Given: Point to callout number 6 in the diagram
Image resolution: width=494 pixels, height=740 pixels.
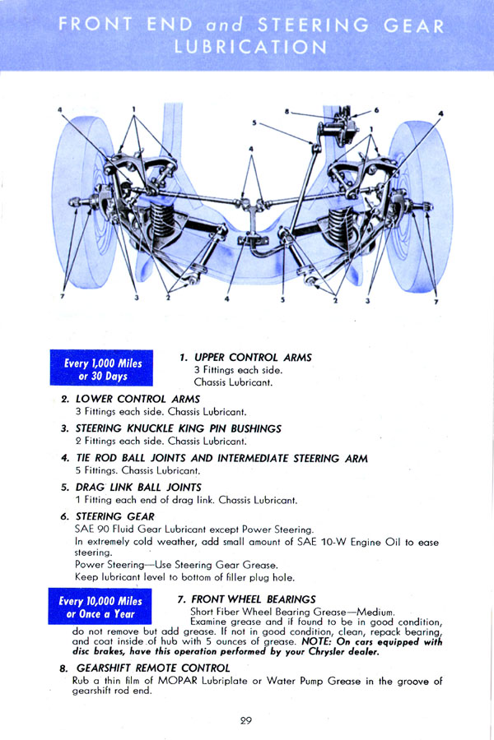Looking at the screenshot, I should pos(376,109).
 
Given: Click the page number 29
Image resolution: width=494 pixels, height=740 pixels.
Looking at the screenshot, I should pos(245,720).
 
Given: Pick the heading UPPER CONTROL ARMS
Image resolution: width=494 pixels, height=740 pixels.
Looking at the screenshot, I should pos(252,358).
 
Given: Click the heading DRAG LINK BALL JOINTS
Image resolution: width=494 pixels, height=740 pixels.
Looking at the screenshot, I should pos(138,487).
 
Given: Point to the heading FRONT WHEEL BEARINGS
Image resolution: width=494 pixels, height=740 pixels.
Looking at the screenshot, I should pos(253,599).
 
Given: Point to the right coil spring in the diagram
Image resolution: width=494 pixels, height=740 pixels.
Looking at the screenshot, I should pos(341,226).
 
